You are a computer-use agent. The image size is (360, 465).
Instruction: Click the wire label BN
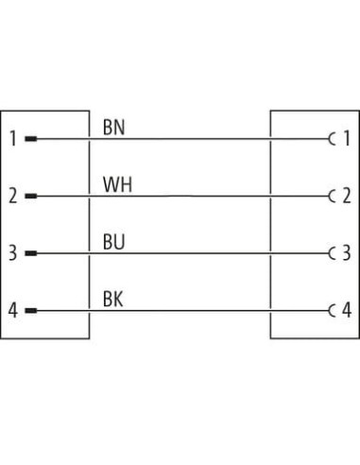tap(113, 128)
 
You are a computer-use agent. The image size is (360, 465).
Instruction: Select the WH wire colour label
tap(117, 185)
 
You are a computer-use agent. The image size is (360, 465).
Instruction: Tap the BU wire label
tap(113, 242)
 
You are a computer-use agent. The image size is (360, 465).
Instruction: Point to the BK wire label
tap(112, 299)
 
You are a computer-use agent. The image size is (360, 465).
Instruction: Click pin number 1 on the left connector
tap(13, 139)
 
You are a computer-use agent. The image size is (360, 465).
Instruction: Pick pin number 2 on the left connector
tap(12, 196)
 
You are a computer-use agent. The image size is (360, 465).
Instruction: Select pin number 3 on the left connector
tap(12, 253)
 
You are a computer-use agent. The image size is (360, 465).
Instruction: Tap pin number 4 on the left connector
tap(12, 310)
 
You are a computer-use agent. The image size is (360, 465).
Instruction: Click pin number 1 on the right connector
tap(347, 138)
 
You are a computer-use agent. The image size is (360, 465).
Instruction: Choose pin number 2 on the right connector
tap(347, 196)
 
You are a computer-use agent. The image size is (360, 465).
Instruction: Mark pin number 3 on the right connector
tap(347, 253)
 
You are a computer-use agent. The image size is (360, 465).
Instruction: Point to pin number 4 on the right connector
tap(347, 310)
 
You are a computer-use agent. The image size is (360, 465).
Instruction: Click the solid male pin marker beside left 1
tap(31, 139)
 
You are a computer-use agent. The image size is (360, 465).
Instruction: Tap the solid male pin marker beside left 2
tap(31, 196)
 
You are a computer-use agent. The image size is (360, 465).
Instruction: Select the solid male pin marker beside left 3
tap(31, 253)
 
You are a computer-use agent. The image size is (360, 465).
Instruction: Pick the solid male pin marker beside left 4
tap(31, 311)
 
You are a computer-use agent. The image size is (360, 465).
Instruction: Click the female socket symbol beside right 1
tap(329, 139)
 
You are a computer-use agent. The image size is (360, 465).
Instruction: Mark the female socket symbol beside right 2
tap(329, 197)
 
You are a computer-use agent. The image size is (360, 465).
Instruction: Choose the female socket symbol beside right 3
tap(329, 253)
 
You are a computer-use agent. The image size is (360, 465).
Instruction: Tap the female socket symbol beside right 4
tap(329, 311)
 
